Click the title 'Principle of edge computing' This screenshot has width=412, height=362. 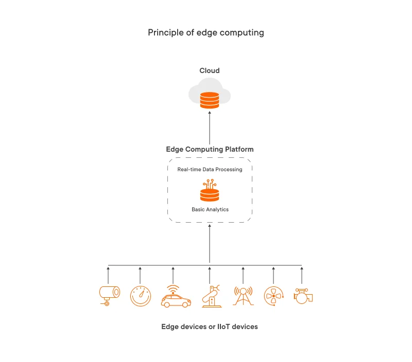click(206, 32)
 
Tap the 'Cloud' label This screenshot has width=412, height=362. click(210, 70)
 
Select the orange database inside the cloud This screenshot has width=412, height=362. click(210, 100)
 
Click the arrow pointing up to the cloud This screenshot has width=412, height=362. click(210, 129)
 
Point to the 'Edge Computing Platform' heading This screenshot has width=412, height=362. click(210, 149)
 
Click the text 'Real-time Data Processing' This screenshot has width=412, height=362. click(210, 169)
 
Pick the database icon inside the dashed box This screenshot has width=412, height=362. click(210, 193)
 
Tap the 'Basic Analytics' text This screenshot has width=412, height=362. click(210, 209)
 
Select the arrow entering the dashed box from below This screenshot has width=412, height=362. click(210, 244)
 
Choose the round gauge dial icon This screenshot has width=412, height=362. click(141, 296)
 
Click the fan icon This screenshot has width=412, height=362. click(273, 296)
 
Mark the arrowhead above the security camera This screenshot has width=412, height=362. click(108, 267)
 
